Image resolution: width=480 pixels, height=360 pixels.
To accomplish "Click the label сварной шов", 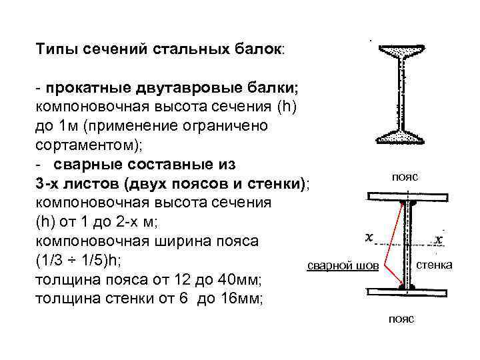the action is coord(342,266).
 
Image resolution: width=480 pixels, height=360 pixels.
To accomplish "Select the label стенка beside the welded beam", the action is coord(434,265).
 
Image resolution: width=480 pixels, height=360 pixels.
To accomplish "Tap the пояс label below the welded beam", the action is coord(401,319).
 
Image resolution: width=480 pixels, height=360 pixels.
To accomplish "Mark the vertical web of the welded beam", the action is coord(407,243).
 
